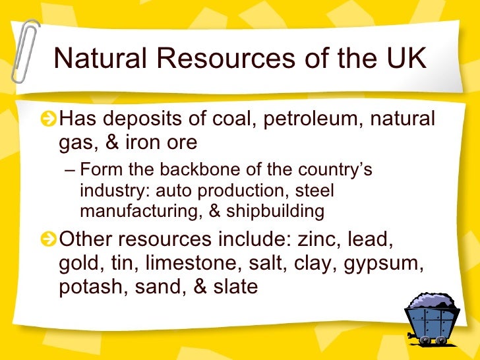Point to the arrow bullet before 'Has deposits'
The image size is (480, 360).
click(47, 121)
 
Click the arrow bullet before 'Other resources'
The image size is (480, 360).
click(47, 241)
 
